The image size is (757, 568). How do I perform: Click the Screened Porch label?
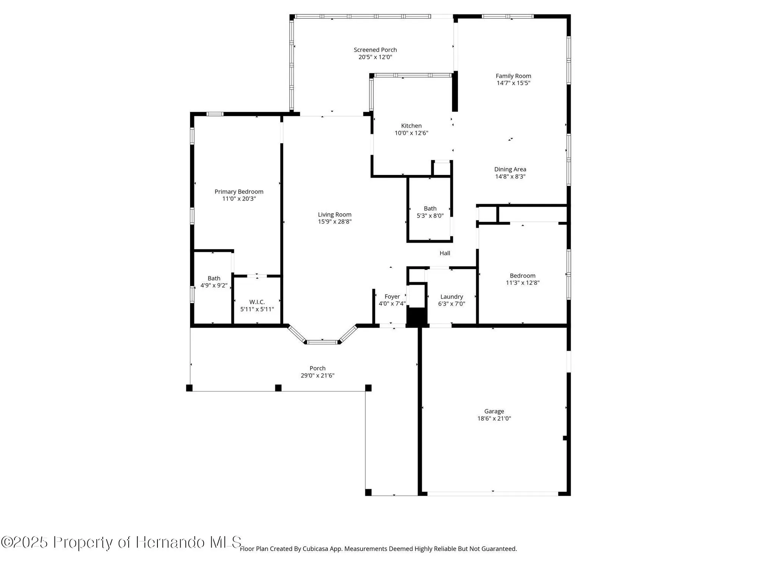[x=375, y=50]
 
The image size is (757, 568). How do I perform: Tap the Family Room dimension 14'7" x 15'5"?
[x=513, y=83]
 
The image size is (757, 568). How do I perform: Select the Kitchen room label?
[x=411, y=126]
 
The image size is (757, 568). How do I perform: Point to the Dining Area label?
[x=510, y=169]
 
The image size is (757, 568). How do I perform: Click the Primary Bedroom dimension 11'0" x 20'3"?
[x=239, y=199]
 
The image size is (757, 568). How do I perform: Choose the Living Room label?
[x=335, y=215]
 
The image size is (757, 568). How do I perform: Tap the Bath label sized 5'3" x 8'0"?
[x=430, y=209]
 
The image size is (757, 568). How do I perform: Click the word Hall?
[x=445, y=253]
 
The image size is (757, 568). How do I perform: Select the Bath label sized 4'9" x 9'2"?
[x=214, y=278]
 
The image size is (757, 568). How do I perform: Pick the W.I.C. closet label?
[x=257, y=302]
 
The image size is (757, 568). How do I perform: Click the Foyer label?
[x=392, y=297]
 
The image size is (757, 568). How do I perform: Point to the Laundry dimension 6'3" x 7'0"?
[x=452, y=304]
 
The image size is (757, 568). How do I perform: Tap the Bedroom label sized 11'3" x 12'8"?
[x=522, y=276]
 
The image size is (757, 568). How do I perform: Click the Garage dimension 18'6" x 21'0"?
[x=494, y=418]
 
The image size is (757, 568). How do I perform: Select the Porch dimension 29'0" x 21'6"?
[x=318, y=376]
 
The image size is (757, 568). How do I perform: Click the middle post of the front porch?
[x=278, y=388]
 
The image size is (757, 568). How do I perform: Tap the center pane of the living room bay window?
[x=322, y=342]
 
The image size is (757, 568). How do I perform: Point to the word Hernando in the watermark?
[x=170, y=542]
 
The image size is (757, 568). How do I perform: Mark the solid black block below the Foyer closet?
[x=416, y=317]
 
